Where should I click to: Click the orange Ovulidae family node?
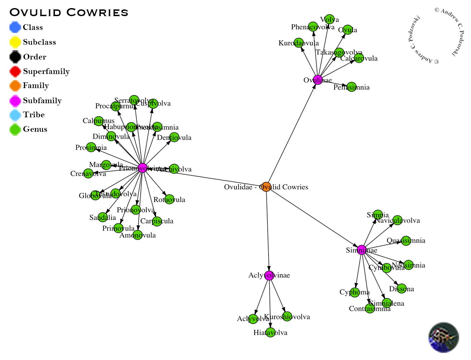coord(266,187)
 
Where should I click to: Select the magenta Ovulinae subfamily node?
coord(318,80)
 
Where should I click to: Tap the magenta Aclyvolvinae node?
coord(269,275)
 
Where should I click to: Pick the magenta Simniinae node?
coord(362,250)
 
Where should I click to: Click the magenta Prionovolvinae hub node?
coord(143,168)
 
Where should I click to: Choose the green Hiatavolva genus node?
coord(270,332)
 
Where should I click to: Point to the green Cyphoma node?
coord(355,292)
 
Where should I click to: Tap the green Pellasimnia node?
coord(351,87)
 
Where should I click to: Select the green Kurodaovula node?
coord(299,43)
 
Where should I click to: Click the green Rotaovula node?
coord(169,199)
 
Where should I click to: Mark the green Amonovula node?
coord(138,235)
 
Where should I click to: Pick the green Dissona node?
coord(401,288)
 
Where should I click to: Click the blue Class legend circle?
coord(15,27)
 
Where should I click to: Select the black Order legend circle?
coord(15,57)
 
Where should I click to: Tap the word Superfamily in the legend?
coord(46,71)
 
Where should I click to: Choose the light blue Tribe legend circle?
coord(15,115)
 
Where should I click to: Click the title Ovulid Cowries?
coord(69,12)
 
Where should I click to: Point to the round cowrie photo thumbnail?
coord(443,337)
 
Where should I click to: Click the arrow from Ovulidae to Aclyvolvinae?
coord(268,232)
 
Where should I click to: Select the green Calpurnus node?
coord(99,121)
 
